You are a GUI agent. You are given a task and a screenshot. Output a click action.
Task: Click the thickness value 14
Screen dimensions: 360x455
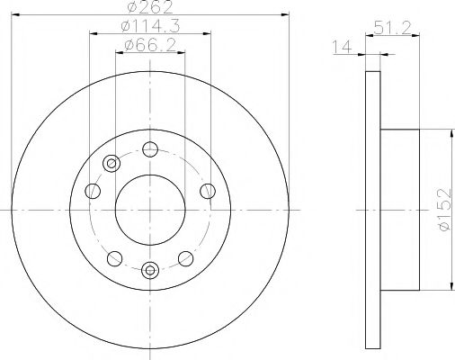[x=343, y=48]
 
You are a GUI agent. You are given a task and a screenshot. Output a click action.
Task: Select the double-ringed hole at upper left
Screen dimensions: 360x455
[x=112, y=163]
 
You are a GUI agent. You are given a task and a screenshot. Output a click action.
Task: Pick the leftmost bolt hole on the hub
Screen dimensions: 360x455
[x=93, y=190]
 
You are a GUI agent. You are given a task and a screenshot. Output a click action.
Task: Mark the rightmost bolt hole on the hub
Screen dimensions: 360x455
[x=208, y=190]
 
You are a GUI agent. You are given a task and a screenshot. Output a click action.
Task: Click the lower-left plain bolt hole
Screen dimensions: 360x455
[x=112, y=258]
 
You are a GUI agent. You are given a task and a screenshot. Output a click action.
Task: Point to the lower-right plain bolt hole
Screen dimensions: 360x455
[x=188, y=258]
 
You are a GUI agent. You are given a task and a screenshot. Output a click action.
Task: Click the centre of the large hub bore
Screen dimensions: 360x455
[x=150, y=208]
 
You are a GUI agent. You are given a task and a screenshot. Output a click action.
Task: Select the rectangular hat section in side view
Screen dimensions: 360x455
[x=400, y=208]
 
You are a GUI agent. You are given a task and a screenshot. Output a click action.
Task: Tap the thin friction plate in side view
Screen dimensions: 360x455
[x=374, y=208]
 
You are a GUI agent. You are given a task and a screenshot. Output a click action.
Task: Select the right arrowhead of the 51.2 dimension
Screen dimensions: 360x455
[x=417, y=35]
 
